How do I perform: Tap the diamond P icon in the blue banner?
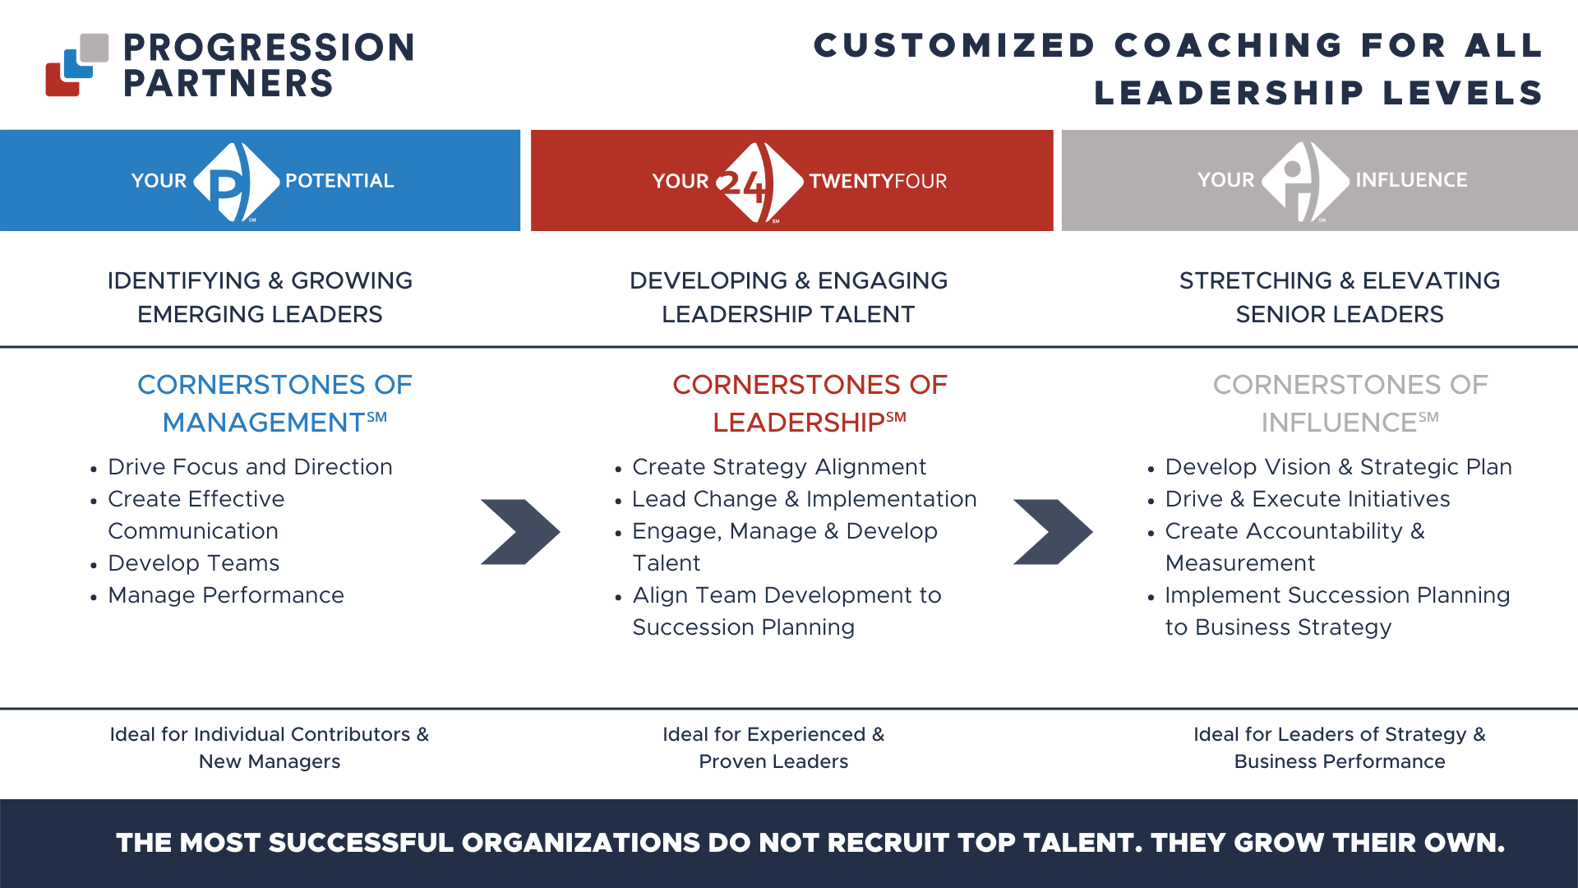236,182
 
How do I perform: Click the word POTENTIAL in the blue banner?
339,181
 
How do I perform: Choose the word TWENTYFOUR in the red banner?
878,182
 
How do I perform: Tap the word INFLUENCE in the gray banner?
1411,180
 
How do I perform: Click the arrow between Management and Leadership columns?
520,532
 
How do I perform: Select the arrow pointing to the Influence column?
1053,532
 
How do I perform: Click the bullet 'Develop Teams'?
194,563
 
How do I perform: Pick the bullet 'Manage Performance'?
226,595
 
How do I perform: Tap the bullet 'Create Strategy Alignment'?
779,467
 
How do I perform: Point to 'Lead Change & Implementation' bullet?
804,499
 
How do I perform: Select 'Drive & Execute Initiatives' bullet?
1308,499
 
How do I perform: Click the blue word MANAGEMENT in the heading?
263,423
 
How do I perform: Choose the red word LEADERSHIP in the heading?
798,423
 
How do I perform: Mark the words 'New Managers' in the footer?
270,761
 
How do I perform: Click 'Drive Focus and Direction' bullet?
250,467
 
